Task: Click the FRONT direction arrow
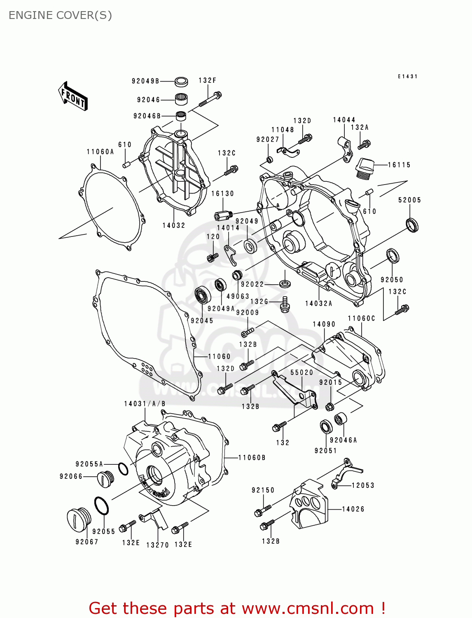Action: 73,96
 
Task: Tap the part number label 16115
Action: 399,165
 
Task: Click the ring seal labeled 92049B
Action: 181,82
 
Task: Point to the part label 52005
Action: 409,200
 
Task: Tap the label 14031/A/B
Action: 145,404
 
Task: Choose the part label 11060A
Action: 100,152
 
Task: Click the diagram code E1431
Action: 407,77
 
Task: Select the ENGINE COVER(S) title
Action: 60,15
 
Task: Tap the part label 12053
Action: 362,485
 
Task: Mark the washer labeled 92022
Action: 285,284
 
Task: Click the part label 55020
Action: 301,372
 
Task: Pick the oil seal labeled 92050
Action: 393,256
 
